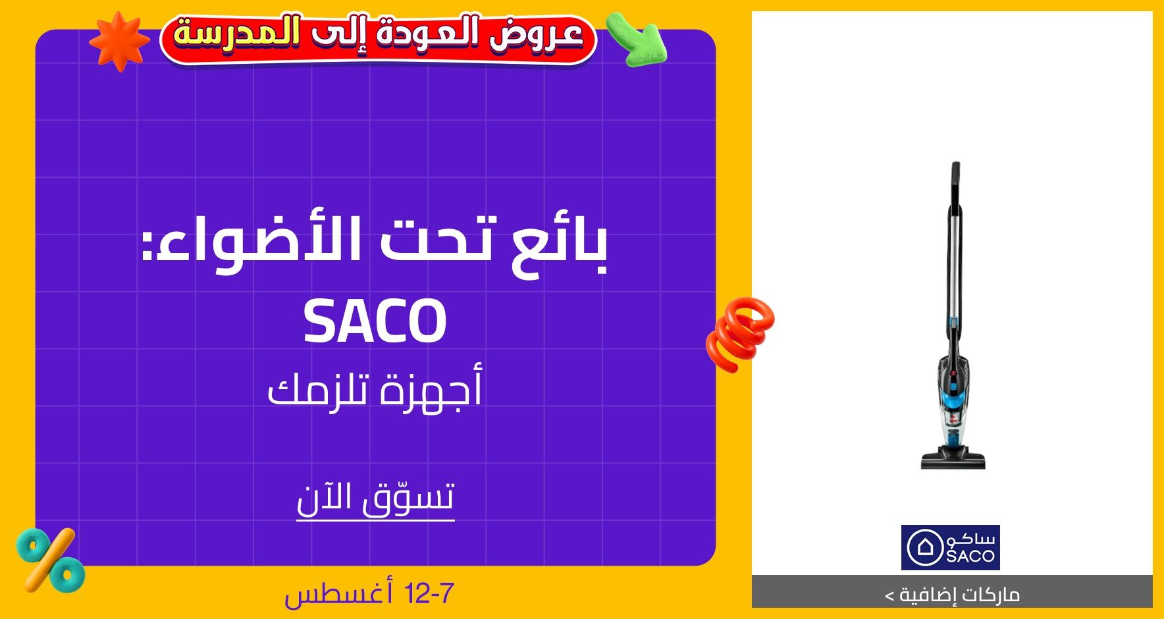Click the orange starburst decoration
coord(119,41)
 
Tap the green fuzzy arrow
coord(636,40)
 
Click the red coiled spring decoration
coord(740,333)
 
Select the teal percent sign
coord(50,560)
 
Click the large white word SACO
coord(375,321)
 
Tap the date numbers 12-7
coord(429,594)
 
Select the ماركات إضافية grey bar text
coord(953,595)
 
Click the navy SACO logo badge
coord(950,547)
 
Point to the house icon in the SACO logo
coord(925,547)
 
